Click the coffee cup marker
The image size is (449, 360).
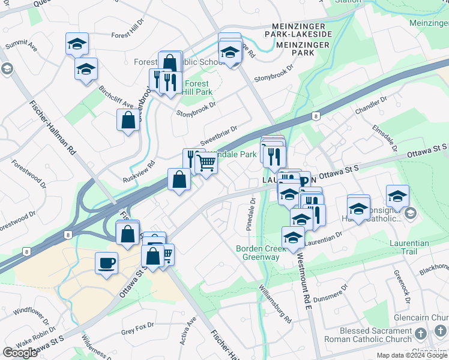[x=106, y=263]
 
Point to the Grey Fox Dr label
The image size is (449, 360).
[x=137, y=331]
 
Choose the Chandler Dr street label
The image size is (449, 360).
[x=367, y=106]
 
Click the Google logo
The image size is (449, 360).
[x=20, y=352]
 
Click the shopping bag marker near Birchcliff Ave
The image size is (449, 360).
[x=128, y=120]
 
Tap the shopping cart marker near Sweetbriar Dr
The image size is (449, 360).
[x=206, y=163]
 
